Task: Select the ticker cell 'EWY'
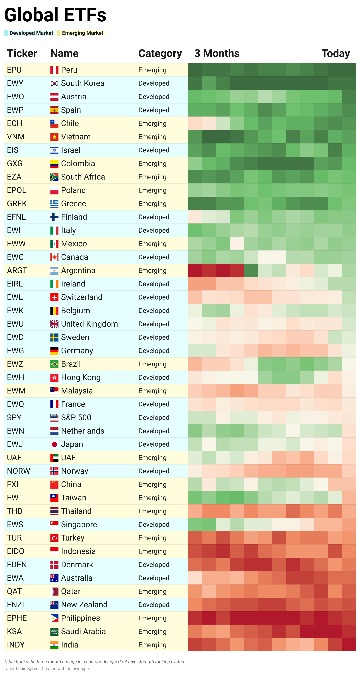[x=15, y=83]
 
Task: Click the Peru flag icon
[x=54, y=70]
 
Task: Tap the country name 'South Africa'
[x=83, y=177]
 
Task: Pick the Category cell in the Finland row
[x=154, y=217]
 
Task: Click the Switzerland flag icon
[x=54, y=297]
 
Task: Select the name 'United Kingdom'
[x=89, y=324]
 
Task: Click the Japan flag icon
[x=54, y=444]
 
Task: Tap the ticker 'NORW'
[x=19, y=471]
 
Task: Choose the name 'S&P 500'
[x=76, y=417]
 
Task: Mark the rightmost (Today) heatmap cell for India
[x=349, y=645]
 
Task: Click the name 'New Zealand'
[x=84, y=605]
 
